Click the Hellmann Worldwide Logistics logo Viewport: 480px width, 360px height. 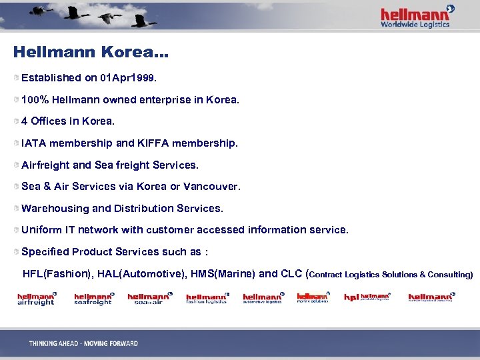(x=417, y=17)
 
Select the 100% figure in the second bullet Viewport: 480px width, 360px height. (x=33, y=100)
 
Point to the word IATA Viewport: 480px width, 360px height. (x=33, y=143)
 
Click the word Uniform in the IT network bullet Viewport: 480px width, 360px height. (x=41, y=230)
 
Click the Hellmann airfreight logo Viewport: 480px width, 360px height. (x=37, y=299)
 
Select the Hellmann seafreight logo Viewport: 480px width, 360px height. (x=93, y=299)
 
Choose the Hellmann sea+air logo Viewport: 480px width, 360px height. (x=149, y=299)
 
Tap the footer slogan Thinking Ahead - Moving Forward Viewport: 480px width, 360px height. (x=83, y=343)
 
